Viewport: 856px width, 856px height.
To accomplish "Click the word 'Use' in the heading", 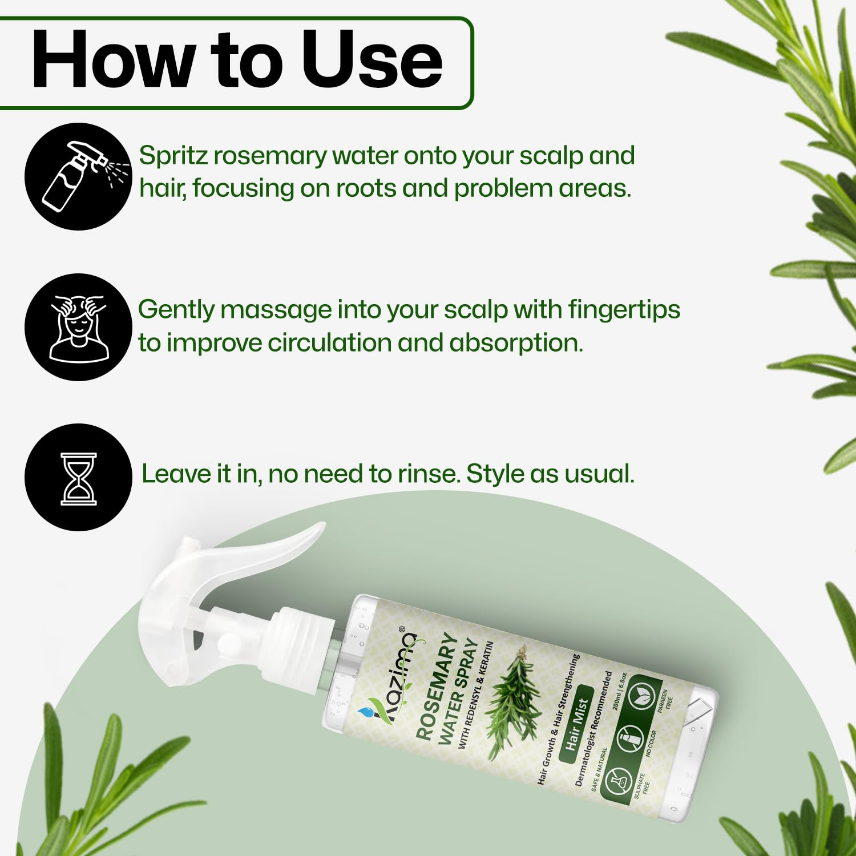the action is coord(372,59).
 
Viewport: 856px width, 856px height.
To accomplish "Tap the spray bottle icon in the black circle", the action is coord(78,177).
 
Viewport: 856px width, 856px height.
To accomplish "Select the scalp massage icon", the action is coord(78,328).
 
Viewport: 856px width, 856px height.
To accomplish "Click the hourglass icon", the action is coord(78,478).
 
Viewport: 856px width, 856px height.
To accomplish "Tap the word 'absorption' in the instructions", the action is coord(516,343).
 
